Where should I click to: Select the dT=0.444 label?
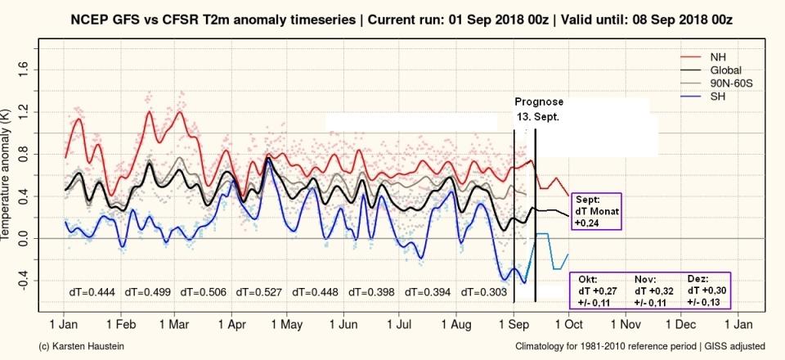(91, 291)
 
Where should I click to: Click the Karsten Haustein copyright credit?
(83, 347)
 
